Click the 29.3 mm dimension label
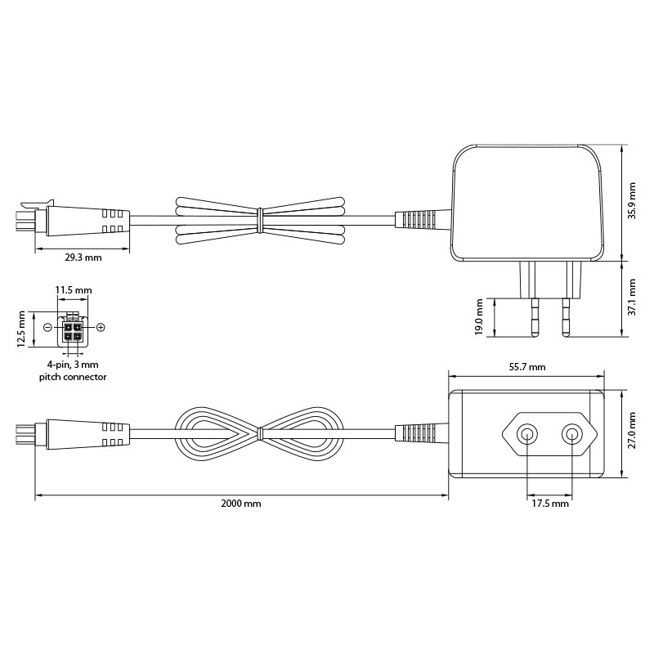83,258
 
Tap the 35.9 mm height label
632,200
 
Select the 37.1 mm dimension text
632,297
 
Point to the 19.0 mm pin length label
479,316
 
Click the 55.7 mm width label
527,367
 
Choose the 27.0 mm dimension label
632,431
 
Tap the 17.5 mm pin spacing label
549,504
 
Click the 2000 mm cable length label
241,504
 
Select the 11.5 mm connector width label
74,290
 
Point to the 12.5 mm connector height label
22,329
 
